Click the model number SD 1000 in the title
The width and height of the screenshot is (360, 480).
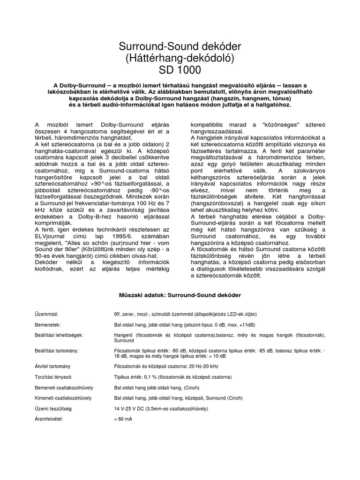click(180, 71)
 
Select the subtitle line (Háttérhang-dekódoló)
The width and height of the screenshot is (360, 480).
click(180, 59)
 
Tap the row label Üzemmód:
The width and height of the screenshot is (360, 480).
click(48, 314)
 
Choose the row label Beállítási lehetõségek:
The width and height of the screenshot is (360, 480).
click(59, 335)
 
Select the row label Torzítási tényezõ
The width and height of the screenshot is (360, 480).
click(53, 377)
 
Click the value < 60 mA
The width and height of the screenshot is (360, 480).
click(123, 419)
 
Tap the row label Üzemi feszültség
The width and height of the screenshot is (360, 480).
click(52, 408)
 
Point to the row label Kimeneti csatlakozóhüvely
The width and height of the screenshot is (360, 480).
click(63, 397)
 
